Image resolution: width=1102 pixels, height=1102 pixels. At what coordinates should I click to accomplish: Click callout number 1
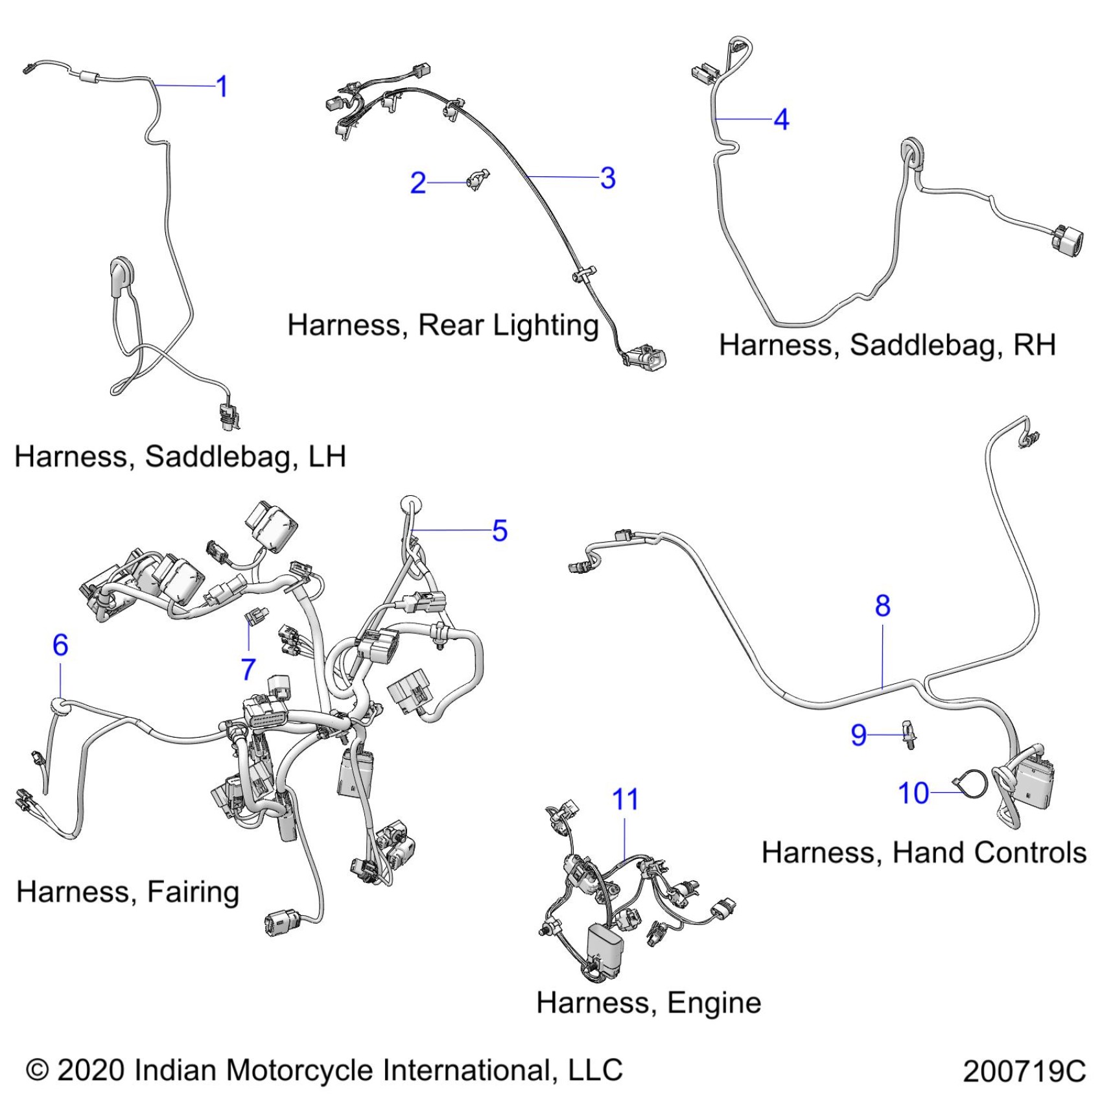222,86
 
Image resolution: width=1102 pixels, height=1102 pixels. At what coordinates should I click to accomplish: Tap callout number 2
418,183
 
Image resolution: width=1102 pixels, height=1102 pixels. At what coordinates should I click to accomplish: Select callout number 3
607,178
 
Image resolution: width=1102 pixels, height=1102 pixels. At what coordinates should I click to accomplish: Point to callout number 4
782,119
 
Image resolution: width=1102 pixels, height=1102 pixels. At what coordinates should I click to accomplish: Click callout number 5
499,530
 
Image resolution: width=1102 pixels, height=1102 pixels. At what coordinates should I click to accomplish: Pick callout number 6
60,644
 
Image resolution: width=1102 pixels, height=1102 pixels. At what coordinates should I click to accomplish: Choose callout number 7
248,669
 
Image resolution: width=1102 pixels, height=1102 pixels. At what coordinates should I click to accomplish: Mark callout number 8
882,605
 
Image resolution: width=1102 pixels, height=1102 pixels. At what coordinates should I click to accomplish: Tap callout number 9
858,734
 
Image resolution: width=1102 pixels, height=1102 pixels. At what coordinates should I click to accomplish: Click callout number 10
913,793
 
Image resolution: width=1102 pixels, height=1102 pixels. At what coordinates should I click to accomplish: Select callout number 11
625,799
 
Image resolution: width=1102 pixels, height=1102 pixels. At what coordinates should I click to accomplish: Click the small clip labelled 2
478,179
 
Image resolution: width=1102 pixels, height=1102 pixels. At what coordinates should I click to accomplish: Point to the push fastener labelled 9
909,734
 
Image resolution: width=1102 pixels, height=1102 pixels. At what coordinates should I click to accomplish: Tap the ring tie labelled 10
972,784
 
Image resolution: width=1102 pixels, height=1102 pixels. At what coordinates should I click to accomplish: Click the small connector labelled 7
256,615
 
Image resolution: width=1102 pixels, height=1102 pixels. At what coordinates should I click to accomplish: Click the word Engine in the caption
714,1003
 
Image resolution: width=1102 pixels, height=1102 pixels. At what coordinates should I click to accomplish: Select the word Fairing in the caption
193,891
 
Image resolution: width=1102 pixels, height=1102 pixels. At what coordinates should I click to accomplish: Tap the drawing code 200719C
1024,1071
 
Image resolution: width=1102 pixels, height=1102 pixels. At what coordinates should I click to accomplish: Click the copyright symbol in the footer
38,1070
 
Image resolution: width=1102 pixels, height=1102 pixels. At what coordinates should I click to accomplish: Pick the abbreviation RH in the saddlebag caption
1035,344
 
